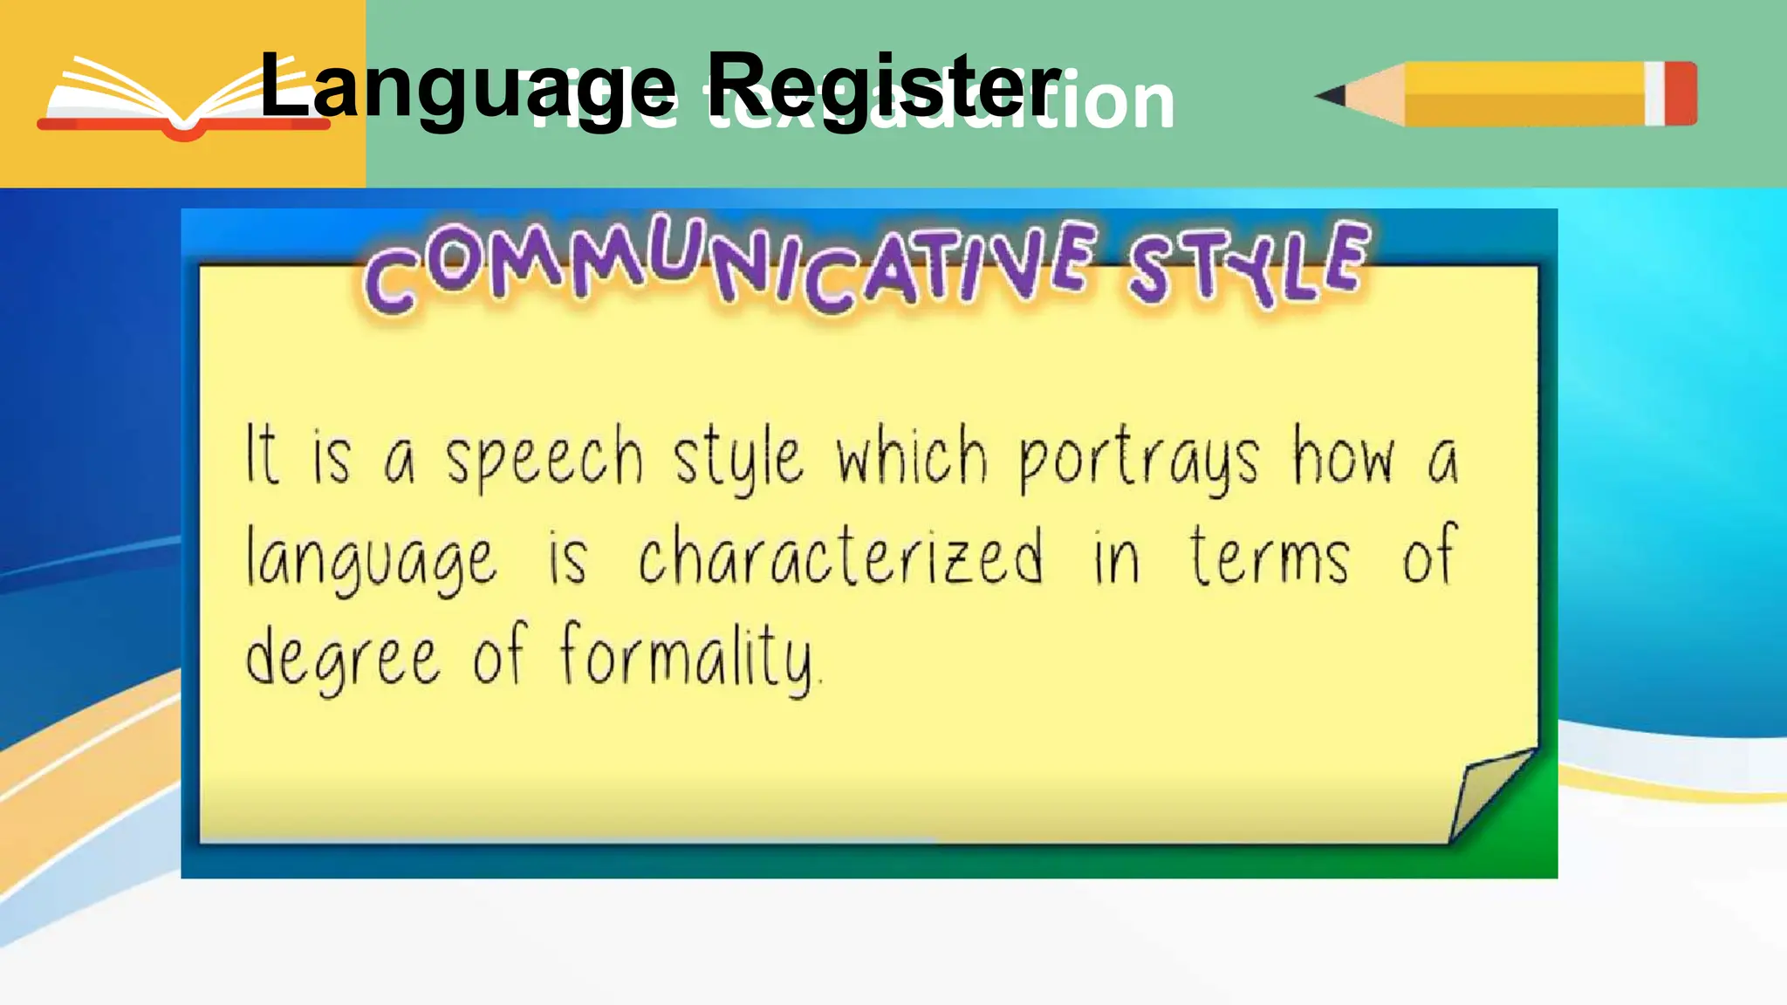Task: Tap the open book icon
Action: pyautogui.click(x=183, y=100)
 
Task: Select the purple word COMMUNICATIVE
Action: pyautogui.click(x=729, y=266)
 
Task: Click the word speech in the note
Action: pyautogui.click(x=544, y=458)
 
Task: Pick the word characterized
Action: pyautogui.click(x=840, y=558)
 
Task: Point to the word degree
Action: pyautogui.click(x=342, y=659)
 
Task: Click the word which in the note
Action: pyautogui.click(x=912, y=455)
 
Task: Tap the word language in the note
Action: pyautogui.click(x=371, y=560)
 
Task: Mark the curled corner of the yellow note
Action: pyautogui.click(x=1488, y=794)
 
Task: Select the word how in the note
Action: pyautogui.click(x=1344, y=455)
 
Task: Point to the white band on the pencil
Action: pyautogui.click(x=1654, y=93)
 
